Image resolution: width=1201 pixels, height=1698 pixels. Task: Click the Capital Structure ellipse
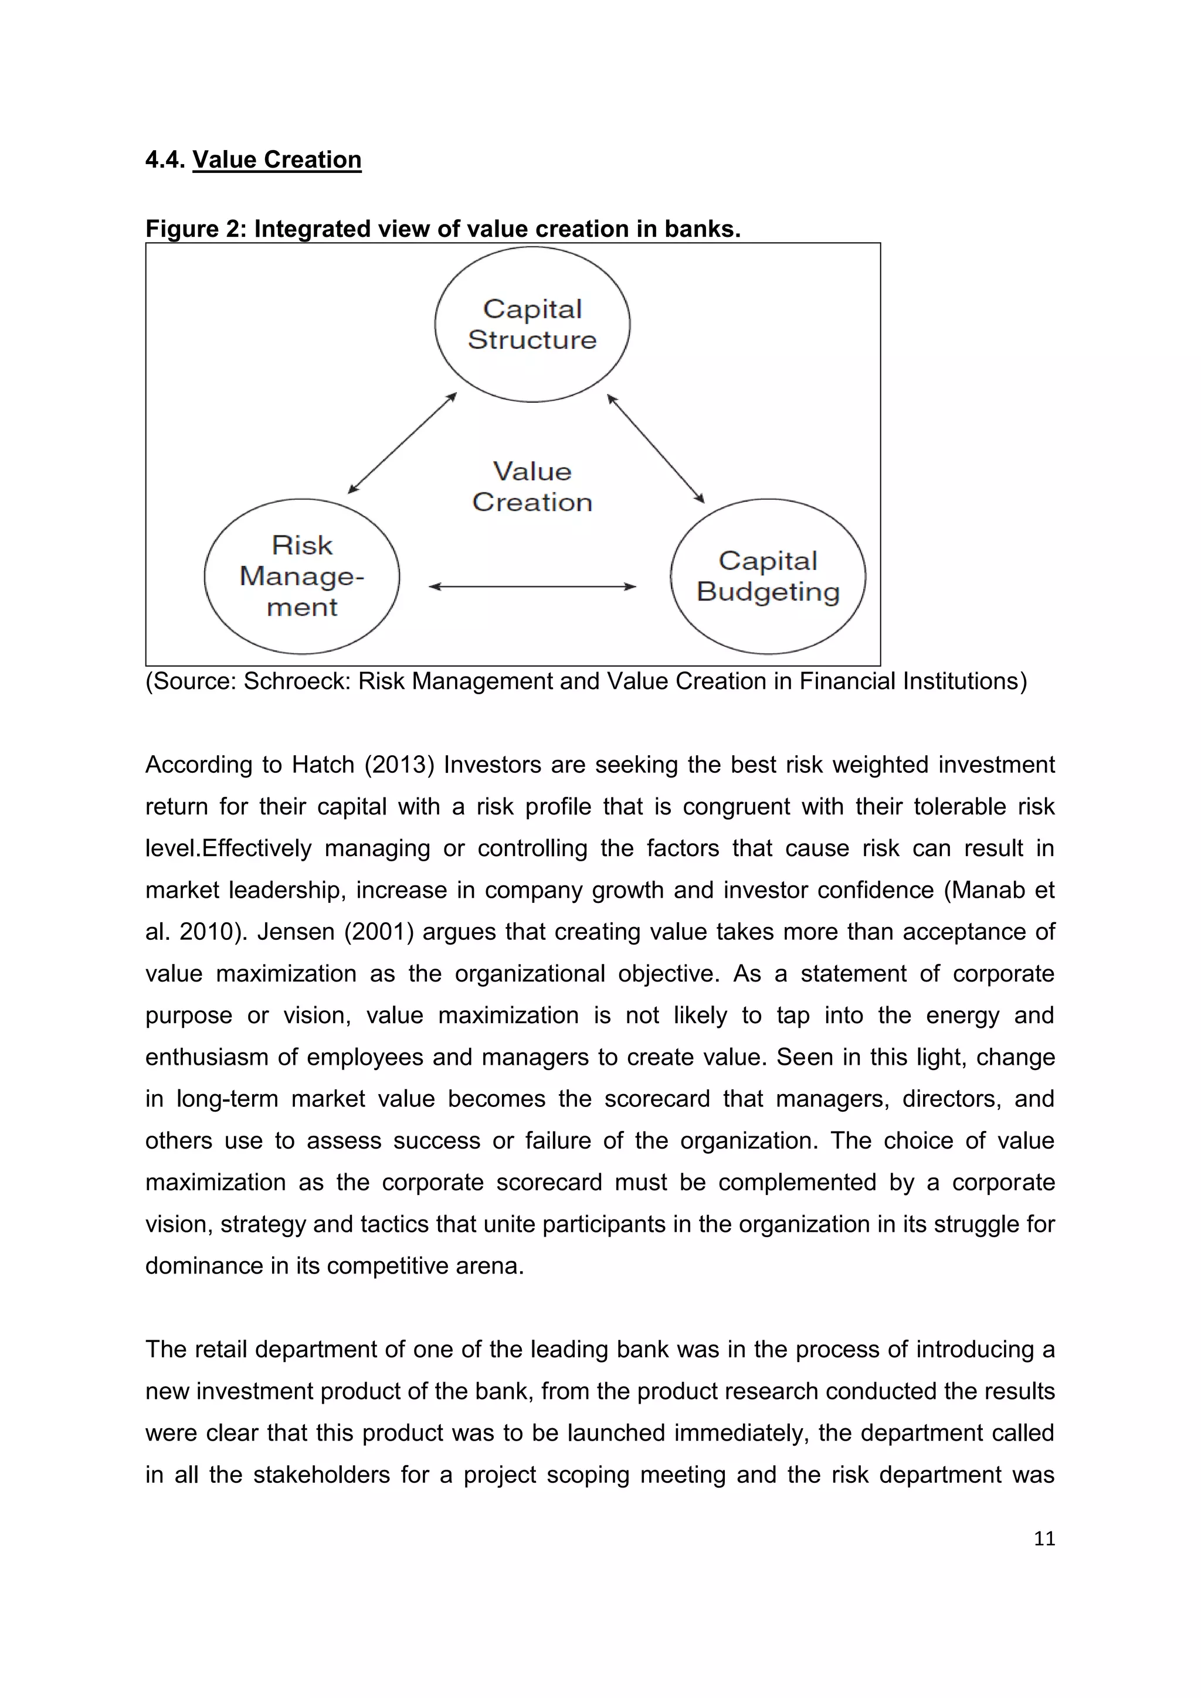[532, 325]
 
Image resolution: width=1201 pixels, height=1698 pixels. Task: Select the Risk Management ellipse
[302, 576]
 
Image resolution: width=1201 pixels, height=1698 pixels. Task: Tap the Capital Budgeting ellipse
[768, 576]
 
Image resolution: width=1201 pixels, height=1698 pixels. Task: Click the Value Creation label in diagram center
[532, 487]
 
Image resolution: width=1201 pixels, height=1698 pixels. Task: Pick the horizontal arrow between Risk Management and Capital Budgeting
[532, 586]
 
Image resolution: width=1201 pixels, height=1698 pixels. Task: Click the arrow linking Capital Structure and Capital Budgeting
[655, 447]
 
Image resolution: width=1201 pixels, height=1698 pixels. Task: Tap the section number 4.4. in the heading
[165, 159]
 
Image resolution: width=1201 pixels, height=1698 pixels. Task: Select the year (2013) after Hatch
[399, 764]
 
